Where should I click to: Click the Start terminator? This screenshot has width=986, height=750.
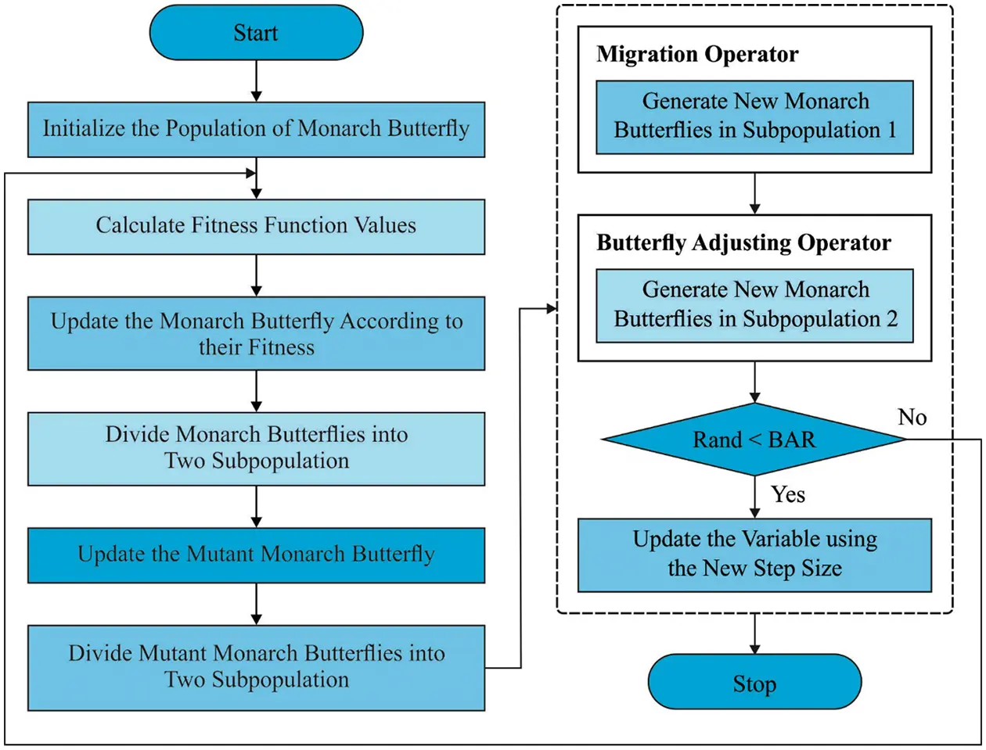coord(256,33)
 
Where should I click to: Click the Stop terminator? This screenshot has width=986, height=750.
coord(754,683)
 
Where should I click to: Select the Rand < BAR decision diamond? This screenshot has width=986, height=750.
coord(754,440)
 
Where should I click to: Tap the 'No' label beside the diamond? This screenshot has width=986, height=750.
coord(912,417)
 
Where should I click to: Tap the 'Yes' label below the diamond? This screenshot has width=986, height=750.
coord(787,494)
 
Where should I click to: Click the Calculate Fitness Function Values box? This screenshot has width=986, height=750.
coord(256,226)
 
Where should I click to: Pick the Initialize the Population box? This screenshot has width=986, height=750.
coord(256,129)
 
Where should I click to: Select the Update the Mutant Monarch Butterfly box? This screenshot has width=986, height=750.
coord(256,554)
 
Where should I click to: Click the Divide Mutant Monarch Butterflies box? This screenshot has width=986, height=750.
coord(256,666)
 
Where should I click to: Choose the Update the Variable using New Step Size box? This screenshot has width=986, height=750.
coord(754,554)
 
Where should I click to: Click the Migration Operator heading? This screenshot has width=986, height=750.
coord(697,54)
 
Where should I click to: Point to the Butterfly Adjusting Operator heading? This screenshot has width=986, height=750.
coord(743,242)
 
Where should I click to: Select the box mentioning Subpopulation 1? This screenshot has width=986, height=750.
coord(754,116)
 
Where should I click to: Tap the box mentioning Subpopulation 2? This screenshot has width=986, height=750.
coord(754,305)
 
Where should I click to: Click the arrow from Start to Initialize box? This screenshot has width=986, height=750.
coord(256,81)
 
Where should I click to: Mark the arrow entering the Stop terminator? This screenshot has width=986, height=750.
coord(754,634)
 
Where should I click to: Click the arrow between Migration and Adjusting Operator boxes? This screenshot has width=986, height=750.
coord(754,193)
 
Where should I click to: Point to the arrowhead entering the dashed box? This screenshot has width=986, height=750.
coord(552,310)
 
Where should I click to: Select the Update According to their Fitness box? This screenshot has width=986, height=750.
coord(256,334)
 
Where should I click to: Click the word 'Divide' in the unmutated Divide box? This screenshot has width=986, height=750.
coord(139,435)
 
